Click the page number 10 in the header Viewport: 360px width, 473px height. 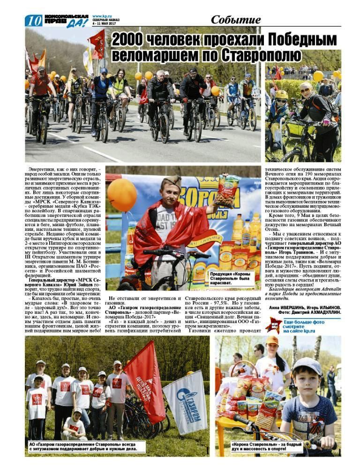pyautogui.click(x=33, y=21)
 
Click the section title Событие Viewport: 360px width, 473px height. pyautogui.click(x=235, y=20)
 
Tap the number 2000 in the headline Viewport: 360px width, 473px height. pyautogui.click(x=130, y=39)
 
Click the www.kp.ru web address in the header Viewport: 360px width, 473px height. pyautogui.click(x=102, y=16)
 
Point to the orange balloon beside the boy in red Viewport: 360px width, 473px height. pyautogui.click(x=122, y=195)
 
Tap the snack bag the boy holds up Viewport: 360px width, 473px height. pyautogui.click(x=227, y=191)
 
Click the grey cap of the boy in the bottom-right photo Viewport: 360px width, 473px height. pyautogui.click(x=307, y=366)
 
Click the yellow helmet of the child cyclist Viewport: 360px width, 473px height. pyautogui.click(x=281, y=95)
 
